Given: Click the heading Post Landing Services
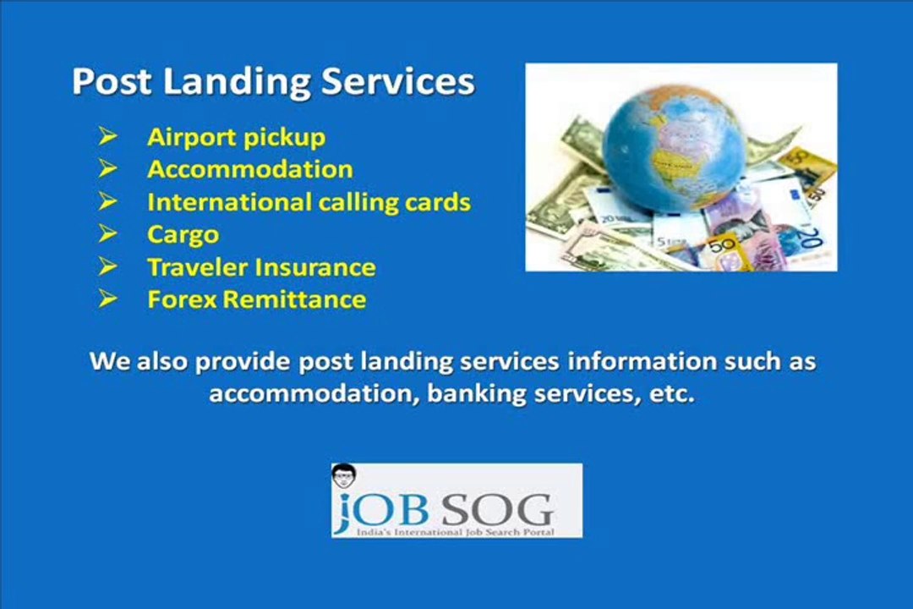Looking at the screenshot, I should [x=273, y=82].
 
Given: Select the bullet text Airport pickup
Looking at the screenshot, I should [x=236, y=137].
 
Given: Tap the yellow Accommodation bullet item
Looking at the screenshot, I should [x=249, y=169].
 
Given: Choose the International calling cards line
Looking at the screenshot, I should [x=309, y=202].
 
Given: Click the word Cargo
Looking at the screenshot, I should [x=183, y=234].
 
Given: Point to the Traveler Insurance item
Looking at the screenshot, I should [x=261, y=267].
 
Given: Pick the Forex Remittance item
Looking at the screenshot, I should [x=256, y=299].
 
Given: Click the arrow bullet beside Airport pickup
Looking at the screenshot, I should [x=107, y=135].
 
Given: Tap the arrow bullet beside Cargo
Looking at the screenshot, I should [x=107, y=233].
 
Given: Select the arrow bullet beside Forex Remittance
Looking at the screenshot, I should [x=107, y=299].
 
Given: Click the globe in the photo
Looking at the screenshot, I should [x=674, y=140].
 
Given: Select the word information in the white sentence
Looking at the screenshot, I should [x=641, y=362].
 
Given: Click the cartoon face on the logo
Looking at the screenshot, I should [x=343, y=476].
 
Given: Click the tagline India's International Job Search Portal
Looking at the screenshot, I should [x=455, y=531].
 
